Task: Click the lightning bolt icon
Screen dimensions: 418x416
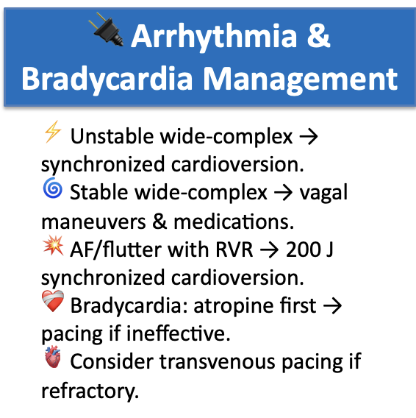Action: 52,133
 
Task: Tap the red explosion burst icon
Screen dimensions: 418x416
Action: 52,248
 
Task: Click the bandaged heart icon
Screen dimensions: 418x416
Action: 52,305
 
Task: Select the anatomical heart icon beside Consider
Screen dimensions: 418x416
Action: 52,362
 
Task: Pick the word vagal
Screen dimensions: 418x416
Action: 323,194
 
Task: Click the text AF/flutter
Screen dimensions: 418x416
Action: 115,250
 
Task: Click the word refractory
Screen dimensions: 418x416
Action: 89,392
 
